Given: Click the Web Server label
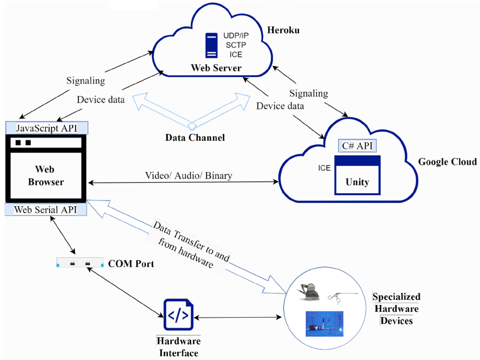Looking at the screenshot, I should (216, 69).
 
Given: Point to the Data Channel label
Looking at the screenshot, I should (195, 137).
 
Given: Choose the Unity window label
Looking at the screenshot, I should (357, 182).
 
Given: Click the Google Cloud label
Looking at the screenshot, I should (448, 162).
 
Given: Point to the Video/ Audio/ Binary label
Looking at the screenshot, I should (188, 175).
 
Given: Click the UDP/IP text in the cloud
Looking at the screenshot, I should (236, 36).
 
